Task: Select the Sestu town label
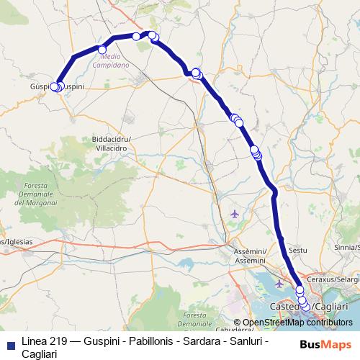[x=297, y=250]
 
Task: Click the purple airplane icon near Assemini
[x=235, y=214]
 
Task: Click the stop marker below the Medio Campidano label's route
[x=102, y=49]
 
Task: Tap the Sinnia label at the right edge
[x=348, y=246]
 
